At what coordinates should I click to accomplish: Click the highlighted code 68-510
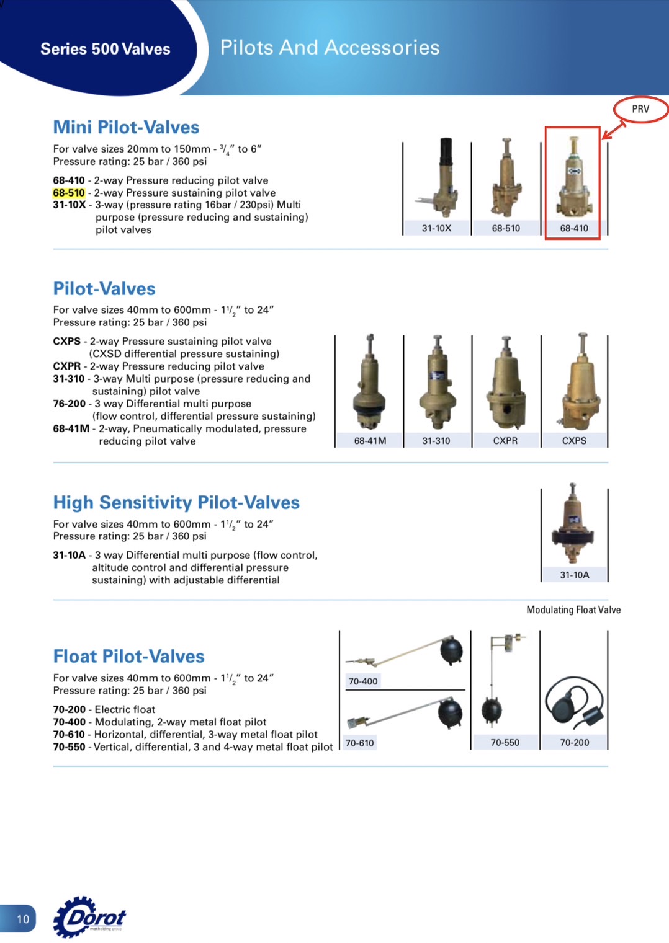69,193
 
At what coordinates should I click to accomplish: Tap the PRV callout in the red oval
640,109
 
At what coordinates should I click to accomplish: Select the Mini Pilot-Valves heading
126,127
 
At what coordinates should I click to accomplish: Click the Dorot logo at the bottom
91,917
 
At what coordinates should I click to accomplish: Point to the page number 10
23,919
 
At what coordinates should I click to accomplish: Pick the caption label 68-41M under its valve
370,441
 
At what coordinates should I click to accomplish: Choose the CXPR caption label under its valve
505,441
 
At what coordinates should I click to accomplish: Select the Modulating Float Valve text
573,610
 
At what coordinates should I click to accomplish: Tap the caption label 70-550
505,743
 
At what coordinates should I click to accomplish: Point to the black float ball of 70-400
451,651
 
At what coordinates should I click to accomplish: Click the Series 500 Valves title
106,49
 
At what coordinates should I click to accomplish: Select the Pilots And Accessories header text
330,48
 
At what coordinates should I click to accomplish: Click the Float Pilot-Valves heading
128,656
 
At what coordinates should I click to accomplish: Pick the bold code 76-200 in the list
70,404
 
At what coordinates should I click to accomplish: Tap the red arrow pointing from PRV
613,130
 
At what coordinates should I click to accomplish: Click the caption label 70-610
360,743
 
